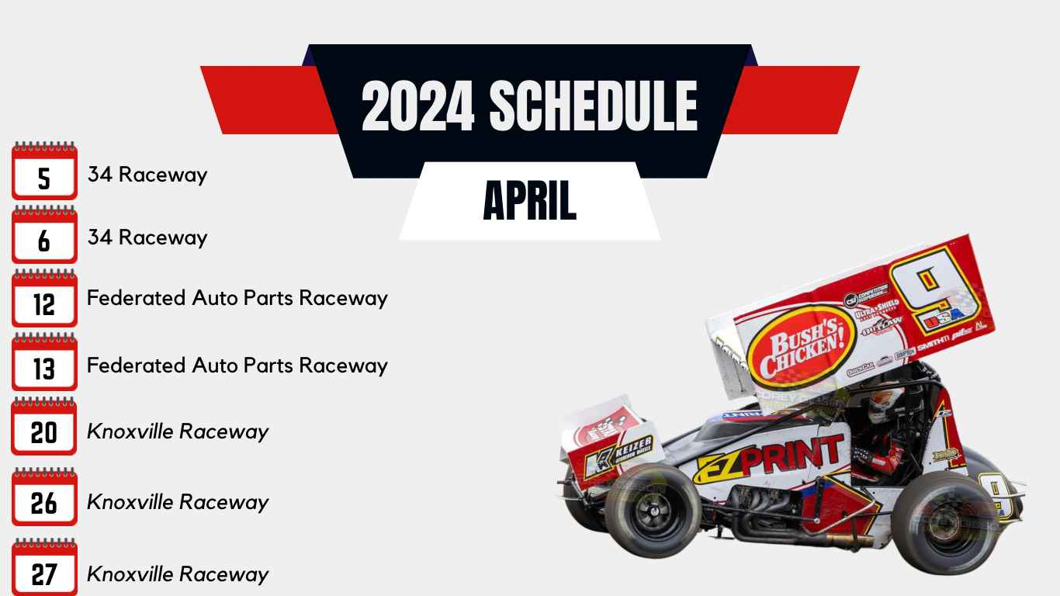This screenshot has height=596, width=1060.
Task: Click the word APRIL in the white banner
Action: (529, 201)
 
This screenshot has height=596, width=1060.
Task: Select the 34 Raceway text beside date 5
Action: (147, 175)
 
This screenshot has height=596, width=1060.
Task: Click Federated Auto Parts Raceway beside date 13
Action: (237, 365)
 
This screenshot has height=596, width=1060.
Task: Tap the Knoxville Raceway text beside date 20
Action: (178, 431)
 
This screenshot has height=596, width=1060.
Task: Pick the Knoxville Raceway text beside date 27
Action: (178, 574)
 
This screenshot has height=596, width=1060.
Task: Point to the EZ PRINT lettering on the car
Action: (768, 459)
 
